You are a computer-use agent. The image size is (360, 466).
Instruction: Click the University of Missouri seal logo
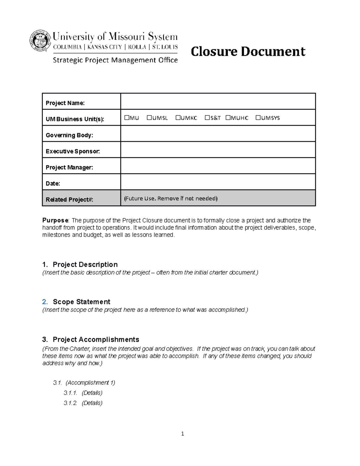point(40,41)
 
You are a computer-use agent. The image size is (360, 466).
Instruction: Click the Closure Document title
point(248,51)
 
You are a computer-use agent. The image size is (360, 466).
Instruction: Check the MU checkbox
point(127,118)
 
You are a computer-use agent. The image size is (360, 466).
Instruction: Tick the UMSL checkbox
point(149,118)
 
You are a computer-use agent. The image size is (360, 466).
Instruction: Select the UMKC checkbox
point(178,118)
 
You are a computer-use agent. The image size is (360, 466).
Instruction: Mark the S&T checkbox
point(207,118)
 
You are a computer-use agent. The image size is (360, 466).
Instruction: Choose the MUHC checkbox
point(228,118)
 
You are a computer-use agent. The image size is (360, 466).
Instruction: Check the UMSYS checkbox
point(258,118)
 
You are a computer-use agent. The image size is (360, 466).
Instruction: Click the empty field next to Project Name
point(218,101)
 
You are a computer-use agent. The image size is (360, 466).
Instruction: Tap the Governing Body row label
point(69,135)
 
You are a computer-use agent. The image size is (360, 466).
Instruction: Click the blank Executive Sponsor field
point(218,150)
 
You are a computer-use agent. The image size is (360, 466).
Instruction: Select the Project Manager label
point(69,167)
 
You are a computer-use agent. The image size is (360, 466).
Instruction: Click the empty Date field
point(218,182)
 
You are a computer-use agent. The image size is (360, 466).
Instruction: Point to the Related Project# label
point(69,200)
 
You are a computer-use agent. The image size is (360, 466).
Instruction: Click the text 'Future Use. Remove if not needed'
point(171,198)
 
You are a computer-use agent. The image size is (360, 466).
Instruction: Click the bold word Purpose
point(55,220)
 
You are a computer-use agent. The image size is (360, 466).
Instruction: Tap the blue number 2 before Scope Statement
point(45,302)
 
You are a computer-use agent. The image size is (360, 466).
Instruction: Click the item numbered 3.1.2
point(83,403)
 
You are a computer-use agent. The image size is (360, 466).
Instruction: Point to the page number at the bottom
point(182,434)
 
